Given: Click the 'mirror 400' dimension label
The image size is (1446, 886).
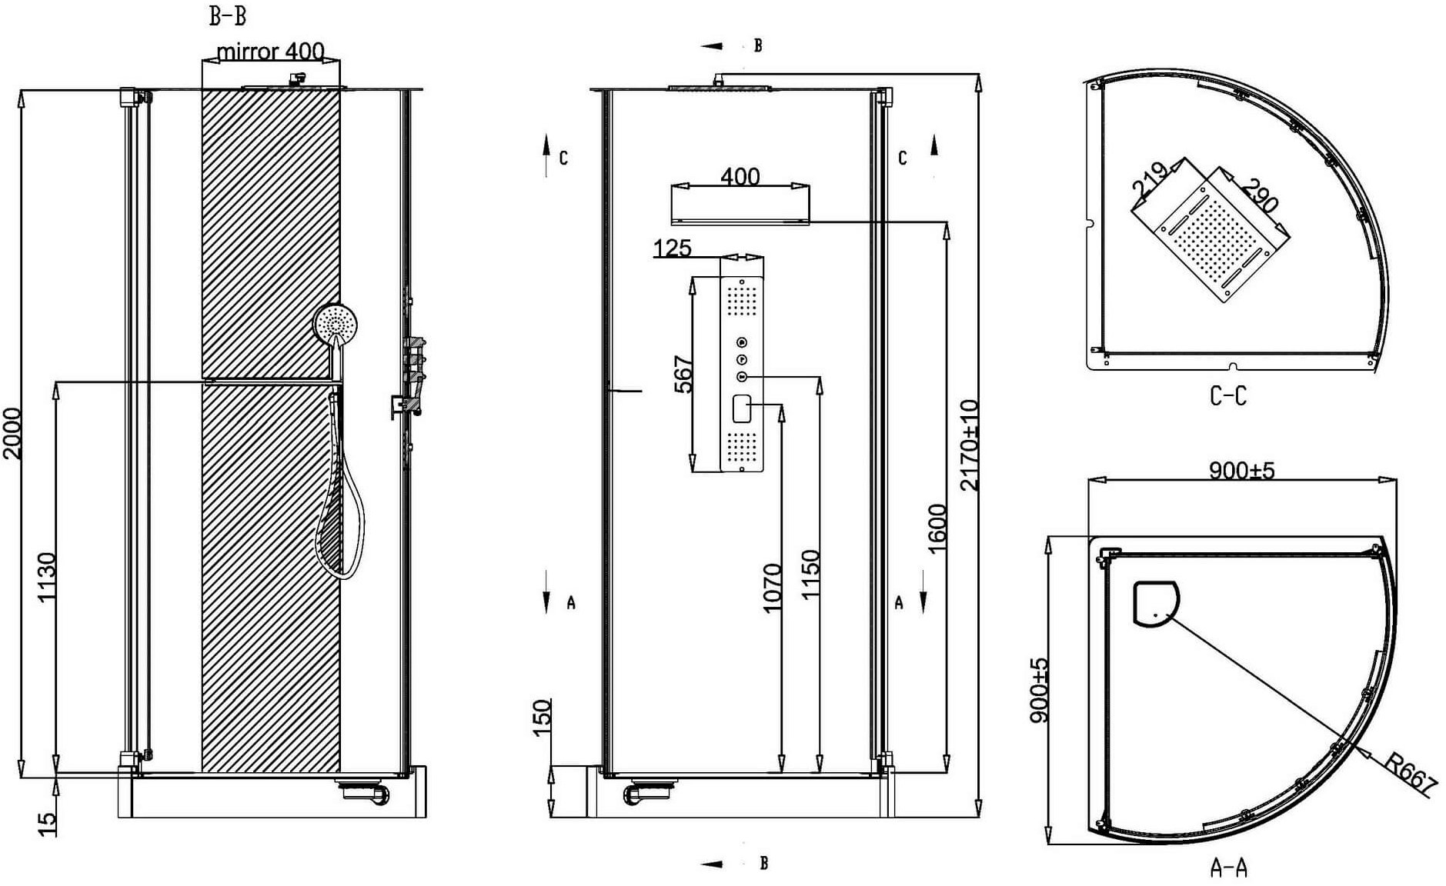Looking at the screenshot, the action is pos(270,52).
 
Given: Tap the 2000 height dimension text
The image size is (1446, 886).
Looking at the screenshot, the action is pos(12,433).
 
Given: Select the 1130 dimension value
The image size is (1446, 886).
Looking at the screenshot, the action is pos(47,577).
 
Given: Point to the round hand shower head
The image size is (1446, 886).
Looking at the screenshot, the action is pos(336,325).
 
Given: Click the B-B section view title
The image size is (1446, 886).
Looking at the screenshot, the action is pos(228,15).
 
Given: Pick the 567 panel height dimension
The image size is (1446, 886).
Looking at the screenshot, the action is pos(683,374).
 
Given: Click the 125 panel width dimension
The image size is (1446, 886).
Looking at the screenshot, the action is pos(672,248).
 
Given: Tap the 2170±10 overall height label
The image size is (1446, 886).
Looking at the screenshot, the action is pos(970,445).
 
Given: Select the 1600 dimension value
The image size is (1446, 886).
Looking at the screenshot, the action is pos(937,528).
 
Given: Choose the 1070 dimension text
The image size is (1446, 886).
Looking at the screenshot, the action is pos(772,588).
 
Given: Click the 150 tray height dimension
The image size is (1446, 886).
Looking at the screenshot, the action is pos(542,717).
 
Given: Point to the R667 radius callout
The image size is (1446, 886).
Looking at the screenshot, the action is pos(1411,772).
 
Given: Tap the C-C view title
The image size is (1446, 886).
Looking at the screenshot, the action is pos(1227,396).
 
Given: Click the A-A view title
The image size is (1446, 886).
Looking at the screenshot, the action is pos(1228,868).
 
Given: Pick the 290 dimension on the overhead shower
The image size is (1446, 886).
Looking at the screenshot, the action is pos(1260,195).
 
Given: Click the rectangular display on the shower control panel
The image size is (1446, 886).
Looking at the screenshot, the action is pos(742,408).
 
